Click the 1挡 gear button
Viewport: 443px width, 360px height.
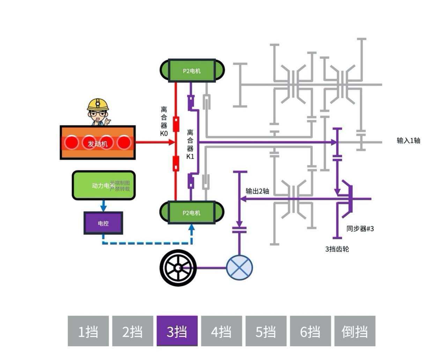(x=88, y=331)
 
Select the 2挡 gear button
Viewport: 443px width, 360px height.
(x=133, y=331)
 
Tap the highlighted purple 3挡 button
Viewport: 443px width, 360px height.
(x=177, y=331)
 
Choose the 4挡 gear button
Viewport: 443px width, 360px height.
(x=221, y=331)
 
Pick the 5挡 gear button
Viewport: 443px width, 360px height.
(x=266, y=331)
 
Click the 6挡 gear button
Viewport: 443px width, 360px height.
(x=310, y=331)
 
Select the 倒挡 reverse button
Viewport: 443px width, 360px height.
(x=355, y=331)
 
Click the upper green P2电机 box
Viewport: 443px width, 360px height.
(x=192, y=70)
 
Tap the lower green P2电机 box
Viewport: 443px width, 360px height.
(x=192, y=212)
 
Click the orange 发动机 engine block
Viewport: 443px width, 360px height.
(x=98, y=143)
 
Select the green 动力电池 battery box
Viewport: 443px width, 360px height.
(x=103, y=185)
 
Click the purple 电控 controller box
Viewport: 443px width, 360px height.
(x=103, y=223)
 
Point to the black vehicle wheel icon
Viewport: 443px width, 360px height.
(x=178, y=268)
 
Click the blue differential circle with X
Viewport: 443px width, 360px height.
(x=239, y=268)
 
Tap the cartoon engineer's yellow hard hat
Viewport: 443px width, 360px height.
(x=98, y=104)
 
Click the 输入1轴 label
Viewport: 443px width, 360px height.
(x=408, y=141)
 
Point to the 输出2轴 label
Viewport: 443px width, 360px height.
(x=257, y=191)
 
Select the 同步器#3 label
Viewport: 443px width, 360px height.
(x=360, y=229)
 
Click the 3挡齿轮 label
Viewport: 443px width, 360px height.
(x=337, y=249)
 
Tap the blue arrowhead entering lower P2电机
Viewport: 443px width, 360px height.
(x=191, y=227)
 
